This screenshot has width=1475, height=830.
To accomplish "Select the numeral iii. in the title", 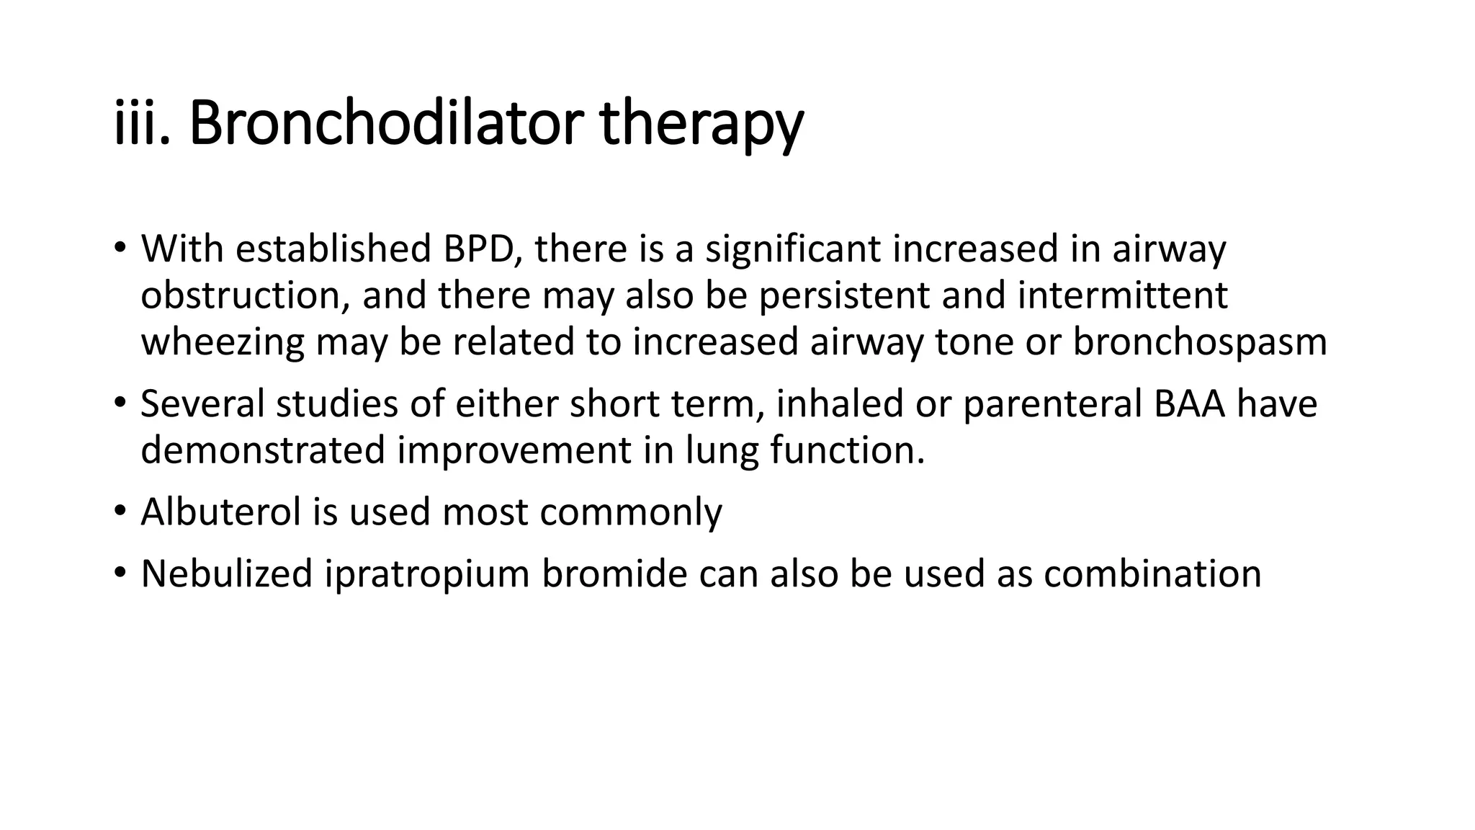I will click(x=141, y=124).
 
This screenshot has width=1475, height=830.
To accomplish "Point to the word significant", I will click(x=792, y=249).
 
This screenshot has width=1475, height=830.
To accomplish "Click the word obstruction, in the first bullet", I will click(x=245, y=295).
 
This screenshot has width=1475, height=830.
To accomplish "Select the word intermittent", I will click(x=1122, y=295).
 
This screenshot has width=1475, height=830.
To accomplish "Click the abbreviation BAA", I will click(x=1189, y=404).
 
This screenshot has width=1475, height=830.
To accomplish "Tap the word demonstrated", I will click(x=263, y=450).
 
